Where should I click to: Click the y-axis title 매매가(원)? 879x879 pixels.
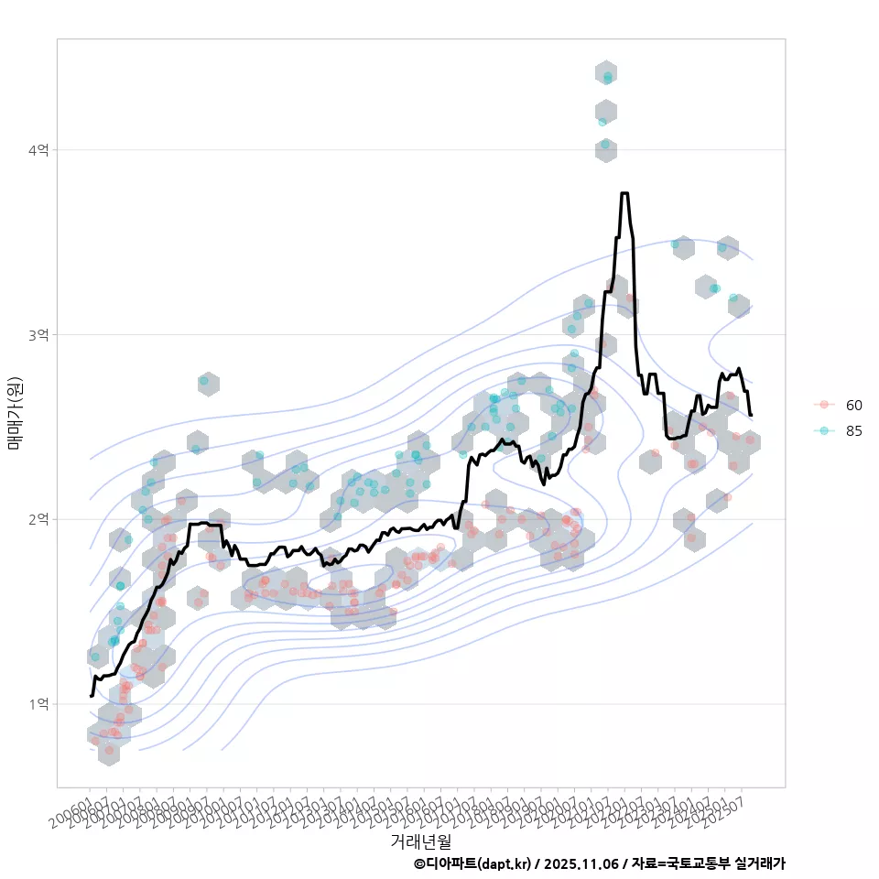point(15,413)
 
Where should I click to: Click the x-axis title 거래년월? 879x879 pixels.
point(420,841)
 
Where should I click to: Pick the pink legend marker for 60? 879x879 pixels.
point(824,405)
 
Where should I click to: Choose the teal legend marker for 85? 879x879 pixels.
point(824,431)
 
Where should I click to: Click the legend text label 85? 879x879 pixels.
point(854,431)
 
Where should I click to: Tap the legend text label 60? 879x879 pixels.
point(854,405)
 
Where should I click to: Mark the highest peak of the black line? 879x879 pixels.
point(624,193)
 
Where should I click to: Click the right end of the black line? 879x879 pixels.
point(751,416)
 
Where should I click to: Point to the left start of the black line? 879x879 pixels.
point(90,696)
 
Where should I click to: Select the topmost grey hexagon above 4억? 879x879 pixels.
point(605,73)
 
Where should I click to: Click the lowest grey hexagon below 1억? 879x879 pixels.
point(109,752)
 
